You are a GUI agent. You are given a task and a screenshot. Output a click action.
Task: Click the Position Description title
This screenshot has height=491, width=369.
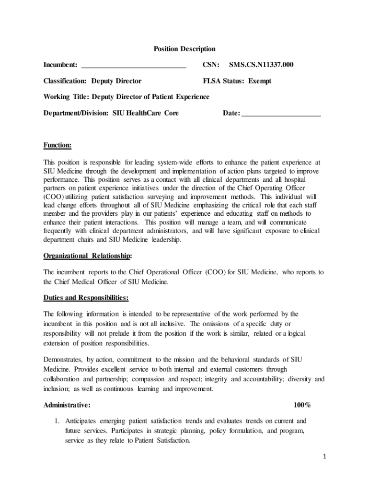[x=184, y=49]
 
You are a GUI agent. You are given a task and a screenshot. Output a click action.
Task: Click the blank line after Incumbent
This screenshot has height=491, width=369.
[x=133, y=66]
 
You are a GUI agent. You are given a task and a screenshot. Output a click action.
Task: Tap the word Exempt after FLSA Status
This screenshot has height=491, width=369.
[x=259, y=81]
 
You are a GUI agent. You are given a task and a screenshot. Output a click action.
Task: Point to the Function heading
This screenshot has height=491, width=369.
[x=58, y=145]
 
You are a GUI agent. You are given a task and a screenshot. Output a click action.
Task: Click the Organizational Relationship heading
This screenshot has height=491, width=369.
[x=88, y=256]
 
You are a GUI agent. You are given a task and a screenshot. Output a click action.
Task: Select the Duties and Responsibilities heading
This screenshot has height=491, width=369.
[x=86, y=298]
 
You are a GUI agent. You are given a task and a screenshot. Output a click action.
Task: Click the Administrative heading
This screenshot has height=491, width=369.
[x=67, y=405]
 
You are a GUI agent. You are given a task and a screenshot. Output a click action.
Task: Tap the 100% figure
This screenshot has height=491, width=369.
[x=302, y=405]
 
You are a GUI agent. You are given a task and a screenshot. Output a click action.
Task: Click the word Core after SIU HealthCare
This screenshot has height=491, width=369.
[x=171, y=113]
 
